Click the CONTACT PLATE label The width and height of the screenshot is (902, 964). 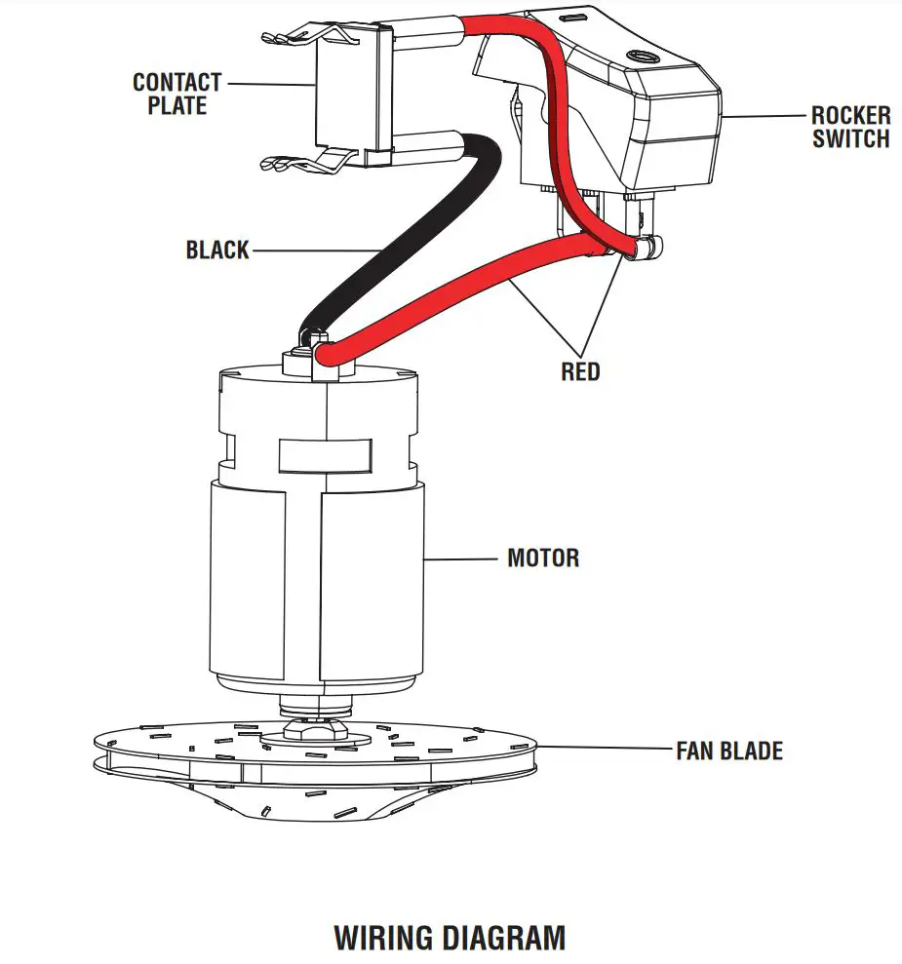(x=176, y=94)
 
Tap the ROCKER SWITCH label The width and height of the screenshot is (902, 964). (x=850, y=127)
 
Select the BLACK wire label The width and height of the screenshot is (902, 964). (x=217, y=251)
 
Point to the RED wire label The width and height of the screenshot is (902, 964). (x=580, y=371)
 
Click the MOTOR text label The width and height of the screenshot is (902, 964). (x=543, y=559)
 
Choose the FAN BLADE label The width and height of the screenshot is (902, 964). (x=728, y=751)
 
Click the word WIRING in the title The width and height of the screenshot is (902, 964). (x=383, y=938)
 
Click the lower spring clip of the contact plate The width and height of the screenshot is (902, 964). (x=293, y=161)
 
